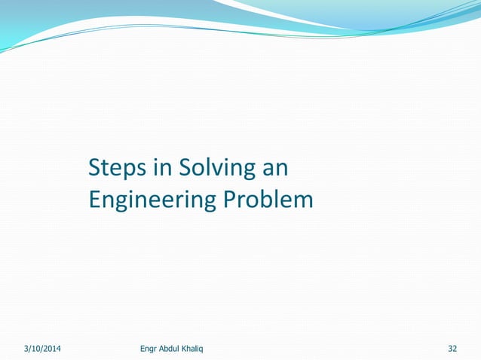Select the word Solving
pyautogui.click(x=213, y=169)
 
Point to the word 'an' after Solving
pyautogui.click(x=274, y=169)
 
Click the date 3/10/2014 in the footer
pyautogui.click(x=42, y=349)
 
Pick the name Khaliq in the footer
pyautogui.click(x=202, y=349)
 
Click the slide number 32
pyautogui.click(x=452, y=349)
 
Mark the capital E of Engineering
pyautogui.click(x=94, y=200)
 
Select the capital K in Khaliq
pyautogui.click(x=192, y=349)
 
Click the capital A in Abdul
pyautogui.click(x=164, y=349)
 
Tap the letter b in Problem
pyautogui.click(x=273, y=200)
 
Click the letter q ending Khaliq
pyautogui.click(x=211, y=349)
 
